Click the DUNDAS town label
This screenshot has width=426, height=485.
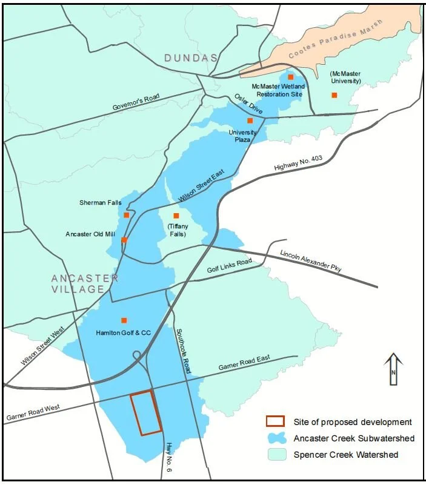click(x=190, y=58)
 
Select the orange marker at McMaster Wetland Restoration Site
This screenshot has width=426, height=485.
click(x=290, y=77)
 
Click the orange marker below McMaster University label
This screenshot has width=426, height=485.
click(x=334, y=95)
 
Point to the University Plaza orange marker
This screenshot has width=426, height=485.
click(x=250, y=120)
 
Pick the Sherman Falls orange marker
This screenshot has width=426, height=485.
click(x=127, y=215)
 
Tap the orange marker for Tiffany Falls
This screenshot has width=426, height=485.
click(x=176, y=216)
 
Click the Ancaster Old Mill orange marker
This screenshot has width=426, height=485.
click(x=124, y=240)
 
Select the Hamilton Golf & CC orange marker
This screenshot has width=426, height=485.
click(x=124, y=320)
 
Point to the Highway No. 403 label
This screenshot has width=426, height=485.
click(x=300, y=162)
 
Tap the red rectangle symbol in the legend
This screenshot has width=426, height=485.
click(x=276, y=421)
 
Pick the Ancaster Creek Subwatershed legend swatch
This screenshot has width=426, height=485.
click(x=276, y=438)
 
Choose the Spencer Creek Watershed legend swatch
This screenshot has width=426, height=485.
click(x=276, y=455)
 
